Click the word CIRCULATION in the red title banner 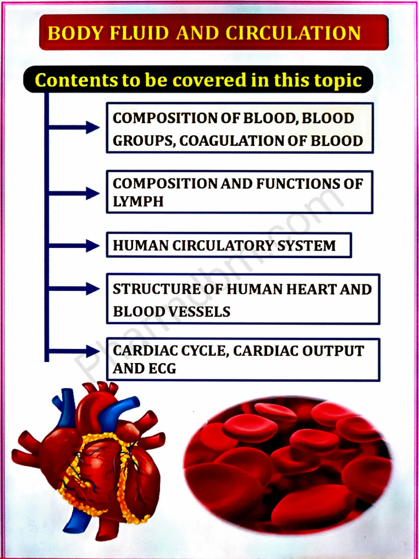tap(293, 33)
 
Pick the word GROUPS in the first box tap(143, 141)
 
